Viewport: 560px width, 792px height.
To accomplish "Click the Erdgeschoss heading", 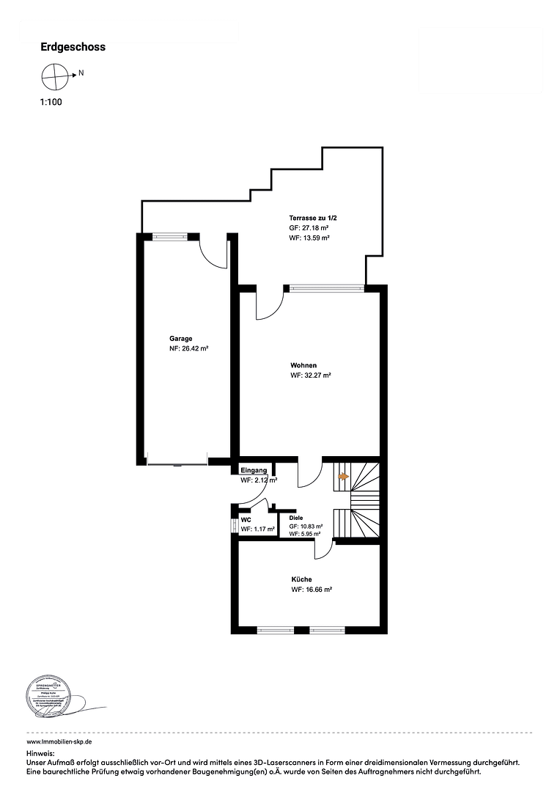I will point(73,47).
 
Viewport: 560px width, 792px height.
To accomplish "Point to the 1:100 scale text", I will point(51,103).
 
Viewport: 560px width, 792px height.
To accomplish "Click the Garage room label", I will point(180,339).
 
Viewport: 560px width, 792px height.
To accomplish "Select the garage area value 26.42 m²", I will point(188,349).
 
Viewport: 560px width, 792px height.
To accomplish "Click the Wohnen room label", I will point(303,364).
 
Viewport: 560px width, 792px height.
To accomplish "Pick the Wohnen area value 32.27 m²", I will point(311,375).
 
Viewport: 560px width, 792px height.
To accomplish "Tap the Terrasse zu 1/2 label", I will point(312,218).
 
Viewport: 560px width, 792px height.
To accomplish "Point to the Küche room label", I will point(301,579).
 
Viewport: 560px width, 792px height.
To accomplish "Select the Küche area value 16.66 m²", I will point(312,590).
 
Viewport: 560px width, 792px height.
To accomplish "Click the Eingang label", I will point(254,470).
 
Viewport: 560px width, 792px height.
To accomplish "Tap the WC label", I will point(246,519).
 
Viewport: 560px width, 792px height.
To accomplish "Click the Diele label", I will point(296,517).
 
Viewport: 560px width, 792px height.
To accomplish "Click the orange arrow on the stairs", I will point(342,476).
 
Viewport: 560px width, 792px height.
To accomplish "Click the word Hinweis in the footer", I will point(40,753).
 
